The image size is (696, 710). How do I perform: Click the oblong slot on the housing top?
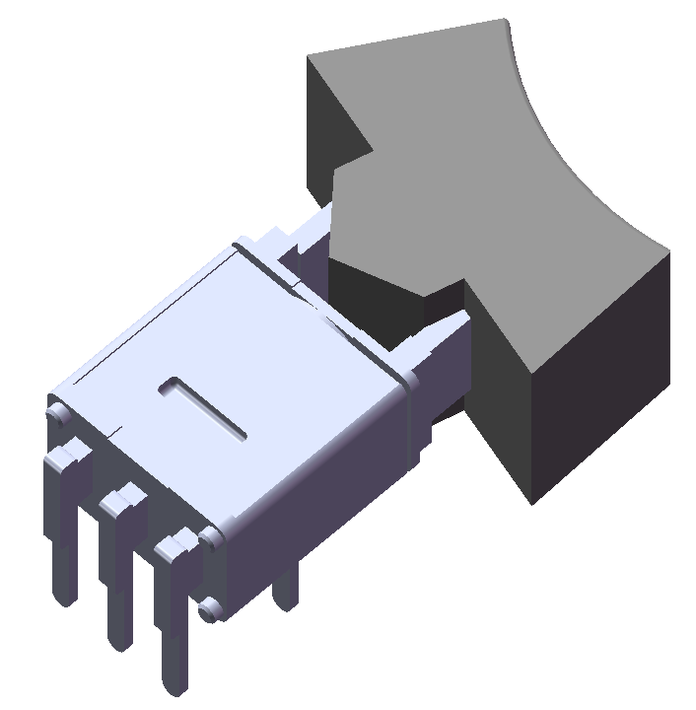203,405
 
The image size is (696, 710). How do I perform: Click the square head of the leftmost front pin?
67,456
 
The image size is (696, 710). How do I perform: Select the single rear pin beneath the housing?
285,592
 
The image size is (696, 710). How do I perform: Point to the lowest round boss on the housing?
208,610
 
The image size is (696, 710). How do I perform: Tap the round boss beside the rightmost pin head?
209,537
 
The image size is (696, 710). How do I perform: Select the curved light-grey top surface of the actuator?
493,197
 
